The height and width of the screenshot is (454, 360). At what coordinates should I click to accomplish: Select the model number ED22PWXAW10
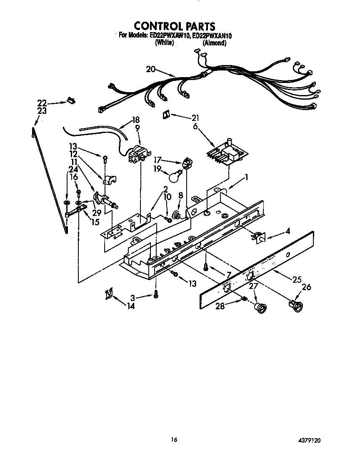(x=169, y=36)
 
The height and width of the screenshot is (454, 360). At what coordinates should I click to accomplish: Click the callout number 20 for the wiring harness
(x=150, y=69)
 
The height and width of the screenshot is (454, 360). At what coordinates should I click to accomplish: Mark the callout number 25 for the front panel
(x=297, y=279)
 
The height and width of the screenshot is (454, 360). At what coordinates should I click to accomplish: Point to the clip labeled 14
(x=109, y=294)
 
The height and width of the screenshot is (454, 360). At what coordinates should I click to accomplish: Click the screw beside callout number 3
(x=156, y=294)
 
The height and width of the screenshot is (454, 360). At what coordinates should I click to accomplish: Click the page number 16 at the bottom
(x=174, y=439)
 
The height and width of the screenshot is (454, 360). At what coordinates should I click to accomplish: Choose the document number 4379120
(x=309, y=440)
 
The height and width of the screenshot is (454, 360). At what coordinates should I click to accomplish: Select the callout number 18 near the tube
(x=135, y=120)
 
